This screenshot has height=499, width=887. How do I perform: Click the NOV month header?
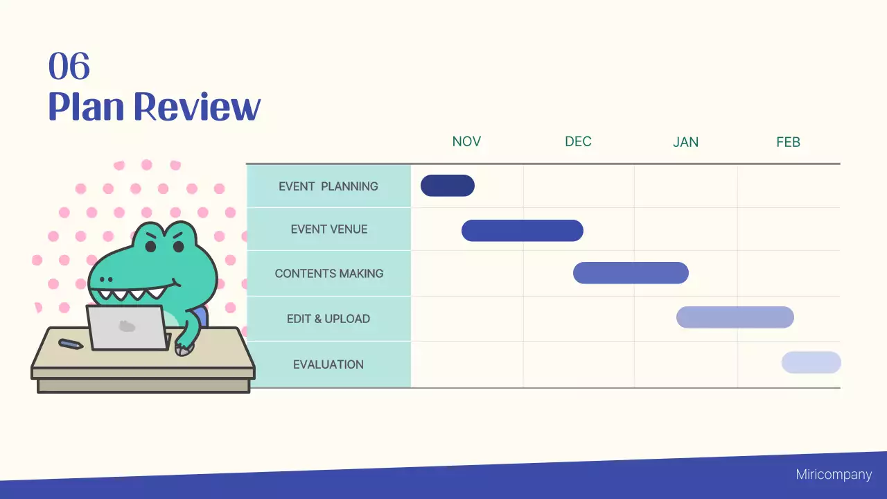pos(466,141)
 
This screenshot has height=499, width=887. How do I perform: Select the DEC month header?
pos(578,141)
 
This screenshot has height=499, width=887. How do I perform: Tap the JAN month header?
pos(685,142)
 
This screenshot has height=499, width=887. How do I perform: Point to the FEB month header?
pos(788,142)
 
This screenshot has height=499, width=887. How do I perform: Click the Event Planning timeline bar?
pos(448,186)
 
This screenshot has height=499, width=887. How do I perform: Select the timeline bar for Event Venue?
pos(522,230)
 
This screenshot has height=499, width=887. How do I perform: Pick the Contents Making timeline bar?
pos(631,273)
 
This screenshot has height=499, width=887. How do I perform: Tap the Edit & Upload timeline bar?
pos(735,317)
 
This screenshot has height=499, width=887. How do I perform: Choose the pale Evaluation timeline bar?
pos(811,362)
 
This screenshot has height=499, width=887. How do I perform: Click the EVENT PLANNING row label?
pos(328,186)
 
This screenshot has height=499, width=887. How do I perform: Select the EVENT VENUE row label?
pos(329,229)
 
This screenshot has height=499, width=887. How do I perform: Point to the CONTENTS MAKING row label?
pos(329,273)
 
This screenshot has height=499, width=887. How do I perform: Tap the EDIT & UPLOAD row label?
pos(328,319)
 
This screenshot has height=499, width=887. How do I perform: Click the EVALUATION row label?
pos(328,364)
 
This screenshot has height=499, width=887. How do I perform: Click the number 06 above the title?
pos(69,67)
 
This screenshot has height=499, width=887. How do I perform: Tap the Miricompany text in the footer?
pos(834,475)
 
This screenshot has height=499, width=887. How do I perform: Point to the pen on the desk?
pos(71,344)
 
